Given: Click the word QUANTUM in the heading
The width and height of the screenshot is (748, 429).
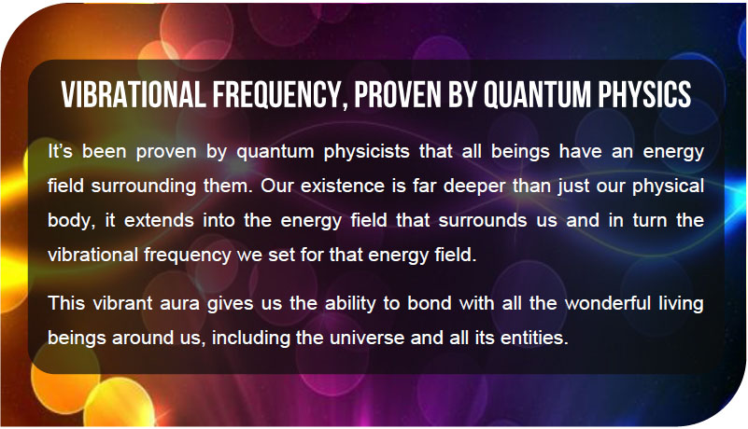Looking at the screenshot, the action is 538,94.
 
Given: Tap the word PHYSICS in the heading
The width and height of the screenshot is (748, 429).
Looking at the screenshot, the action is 644,94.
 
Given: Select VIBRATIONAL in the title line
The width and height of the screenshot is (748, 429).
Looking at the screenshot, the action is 134,94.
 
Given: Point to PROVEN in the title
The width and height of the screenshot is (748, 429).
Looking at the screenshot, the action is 398,94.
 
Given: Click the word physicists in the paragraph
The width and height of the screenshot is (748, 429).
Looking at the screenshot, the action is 366,153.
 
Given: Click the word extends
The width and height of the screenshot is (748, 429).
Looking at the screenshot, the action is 159,220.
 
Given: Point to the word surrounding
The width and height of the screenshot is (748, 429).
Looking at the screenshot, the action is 144,187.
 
